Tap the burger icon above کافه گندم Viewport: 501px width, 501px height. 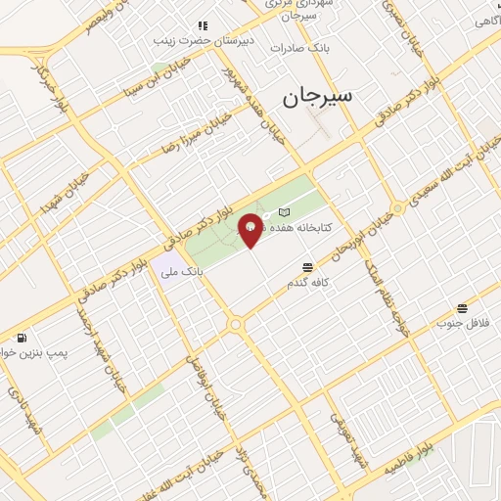point(308,266)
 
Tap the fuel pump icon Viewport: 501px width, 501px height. point(22,338)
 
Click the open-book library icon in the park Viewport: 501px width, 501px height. point(284,211)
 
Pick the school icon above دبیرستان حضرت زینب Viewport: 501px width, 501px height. point(203,25)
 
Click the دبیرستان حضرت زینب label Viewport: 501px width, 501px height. point(203,41)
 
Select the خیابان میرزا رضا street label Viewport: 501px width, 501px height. point(197,132)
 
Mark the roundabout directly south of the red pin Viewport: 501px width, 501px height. point(236,324)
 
